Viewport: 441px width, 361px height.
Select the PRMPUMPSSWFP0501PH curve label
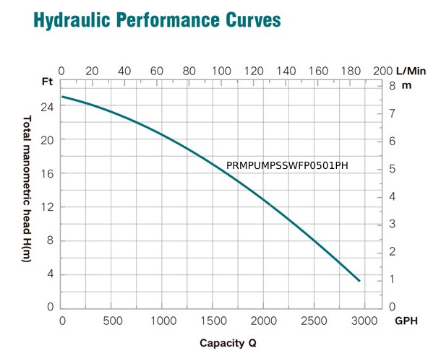coord(287,165)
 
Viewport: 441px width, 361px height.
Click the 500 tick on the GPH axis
coord(112,320)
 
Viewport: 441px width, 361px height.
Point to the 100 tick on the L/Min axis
coord(222,71)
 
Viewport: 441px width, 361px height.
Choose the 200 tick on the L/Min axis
coord(382,71)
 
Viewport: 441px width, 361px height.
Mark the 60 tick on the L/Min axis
coord(157,71)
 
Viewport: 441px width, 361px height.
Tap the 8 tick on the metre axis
coord(393,85)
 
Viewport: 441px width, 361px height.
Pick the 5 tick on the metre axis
coord(393,168)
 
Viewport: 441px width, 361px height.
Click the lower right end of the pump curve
coord(359,280)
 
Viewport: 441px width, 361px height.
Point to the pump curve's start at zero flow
coord(61,97)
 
